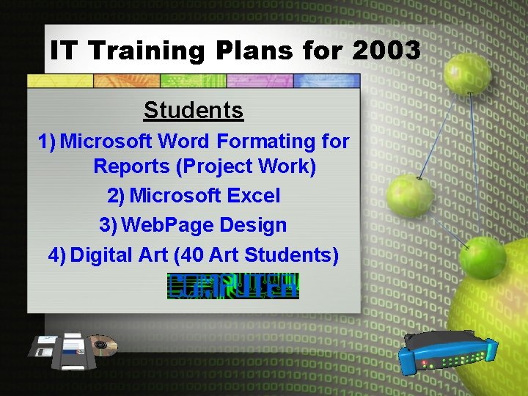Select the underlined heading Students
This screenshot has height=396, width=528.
point(194,110)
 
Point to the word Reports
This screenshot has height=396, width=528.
point(131,166)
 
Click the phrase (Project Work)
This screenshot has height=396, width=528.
point(246,166)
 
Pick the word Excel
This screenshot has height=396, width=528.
point(254,196)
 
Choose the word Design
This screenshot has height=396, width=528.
point(255,224)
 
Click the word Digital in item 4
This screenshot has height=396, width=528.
point(104,254)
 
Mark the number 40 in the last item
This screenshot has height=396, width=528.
point(191,254)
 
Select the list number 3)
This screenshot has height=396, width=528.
point(108,224)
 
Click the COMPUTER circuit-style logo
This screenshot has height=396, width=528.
point(232,285)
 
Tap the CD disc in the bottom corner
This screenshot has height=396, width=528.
point(102,345)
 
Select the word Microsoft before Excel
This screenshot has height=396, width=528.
point(175,196)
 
